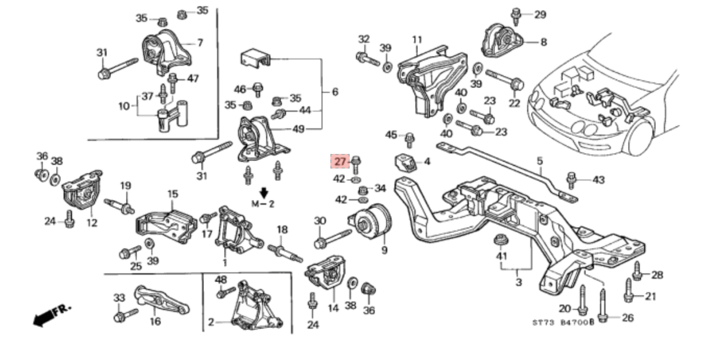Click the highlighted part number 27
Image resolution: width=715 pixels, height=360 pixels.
(x=340, y=162)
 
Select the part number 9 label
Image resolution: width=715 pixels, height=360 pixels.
(x=384, y=250)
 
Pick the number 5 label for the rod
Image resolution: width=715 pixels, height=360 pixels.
(x=540, y=161)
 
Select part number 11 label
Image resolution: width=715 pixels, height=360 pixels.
(x=416, y=40)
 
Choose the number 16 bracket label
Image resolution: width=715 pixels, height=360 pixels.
(x=156, y=321)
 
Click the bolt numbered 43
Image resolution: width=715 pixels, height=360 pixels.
(x=571, y=180)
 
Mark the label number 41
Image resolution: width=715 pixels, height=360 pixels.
(x=502, y=256)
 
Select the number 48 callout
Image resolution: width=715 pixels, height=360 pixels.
(x=221, y=279)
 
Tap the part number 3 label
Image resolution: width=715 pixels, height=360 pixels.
(x=518, y=282)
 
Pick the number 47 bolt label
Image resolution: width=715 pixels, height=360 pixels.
(x=193, y=79)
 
